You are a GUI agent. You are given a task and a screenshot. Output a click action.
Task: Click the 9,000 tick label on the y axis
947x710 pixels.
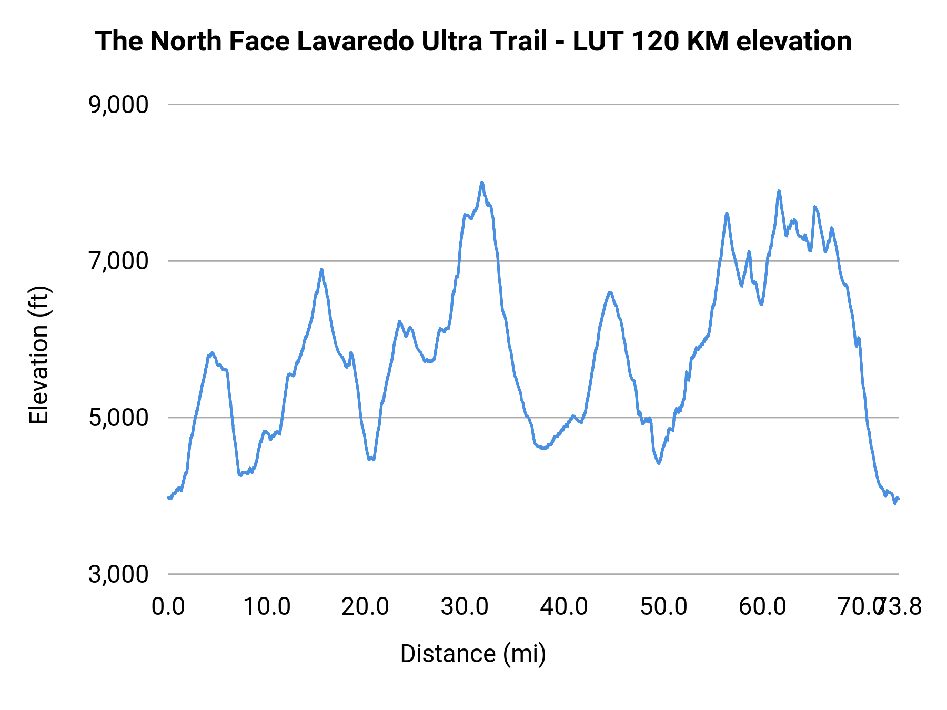tap(118, 105)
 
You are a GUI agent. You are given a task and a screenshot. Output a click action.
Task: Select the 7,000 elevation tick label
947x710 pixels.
tap(118, 261)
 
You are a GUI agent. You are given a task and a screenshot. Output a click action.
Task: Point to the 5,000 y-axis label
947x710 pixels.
tap(118, 418)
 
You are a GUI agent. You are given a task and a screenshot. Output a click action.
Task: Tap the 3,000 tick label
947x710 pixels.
tap(118, 574)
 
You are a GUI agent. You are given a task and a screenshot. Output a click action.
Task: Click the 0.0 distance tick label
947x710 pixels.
tap(168, 606)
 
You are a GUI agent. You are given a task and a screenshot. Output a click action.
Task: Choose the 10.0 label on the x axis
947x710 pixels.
tap(267, 606)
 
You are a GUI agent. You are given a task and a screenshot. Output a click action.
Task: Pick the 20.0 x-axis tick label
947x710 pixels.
tap(366, 606)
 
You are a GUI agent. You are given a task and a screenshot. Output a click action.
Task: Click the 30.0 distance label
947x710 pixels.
tap(465, 606)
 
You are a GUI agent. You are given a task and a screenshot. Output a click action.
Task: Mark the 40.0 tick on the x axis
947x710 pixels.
tap(564, 606)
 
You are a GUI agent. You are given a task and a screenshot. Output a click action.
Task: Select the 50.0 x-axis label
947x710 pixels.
tap(663, 606)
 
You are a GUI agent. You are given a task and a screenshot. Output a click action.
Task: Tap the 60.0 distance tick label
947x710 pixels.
tap(762, 606)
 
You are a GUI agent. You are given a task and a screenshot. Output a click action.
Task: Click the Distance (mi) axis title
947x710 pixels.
tap(473, 654)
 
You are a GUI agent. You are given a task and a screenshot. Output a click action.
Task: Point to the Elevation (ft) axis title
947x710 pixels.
tap(39, 355)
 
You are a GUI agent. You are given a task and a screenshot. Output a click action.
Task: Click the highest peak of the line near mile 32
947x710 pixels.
tap(481, 182)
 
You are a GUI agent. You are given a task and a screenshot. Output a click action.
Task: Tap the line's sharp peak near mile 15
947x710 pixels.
tap(321, 269)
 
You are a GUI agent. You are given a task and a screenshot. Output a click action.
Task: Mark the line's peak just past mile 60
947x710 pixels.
tap(779, 191)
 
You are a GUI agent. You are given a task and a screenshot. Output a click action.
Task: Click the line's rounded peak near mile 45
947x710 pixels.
tap(610, 292)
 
